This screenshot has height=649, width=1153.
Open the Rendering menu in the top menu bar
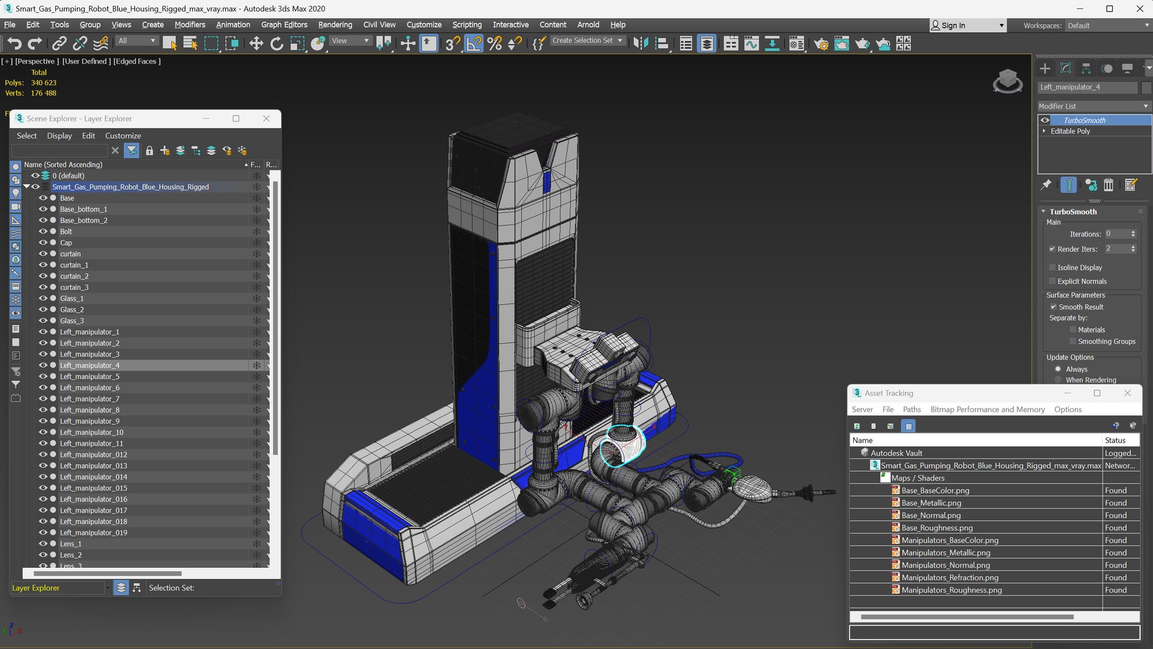pos(335,25)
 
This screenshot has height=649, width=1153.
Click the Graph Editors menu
pos(284,25)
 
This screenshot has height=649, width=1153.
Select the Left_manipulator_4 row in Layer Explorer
pos(90,365)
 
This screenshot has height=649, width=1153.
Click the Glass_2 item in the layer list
pos(71,309)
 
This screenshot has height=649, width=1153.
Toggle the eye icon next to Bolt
pos(43,231)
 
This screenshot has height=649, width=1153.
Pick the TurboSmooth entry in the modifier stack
pos(1084,120)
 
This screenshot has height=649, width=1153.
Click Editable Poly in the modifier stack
pos(1069,131)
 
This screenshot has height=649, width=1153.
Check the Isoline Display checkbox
pos(1052,267)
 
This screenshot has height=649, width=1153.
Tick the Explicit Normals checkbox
pos(1052,281)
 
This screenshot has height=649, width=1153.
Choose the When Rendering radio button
pos(1058,380)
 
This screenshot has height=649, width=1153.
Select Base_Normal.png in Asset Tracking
pos(931,515)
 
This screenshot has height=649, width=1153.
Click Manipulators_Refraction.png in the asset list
pos(949,577)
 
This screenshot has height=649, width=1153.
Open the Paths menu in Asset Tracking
pos(911,409)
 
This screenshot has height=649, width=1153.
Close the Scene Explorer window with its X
pos(266,118)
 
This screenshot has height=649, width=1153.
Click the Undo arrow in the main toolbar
pos(14,43)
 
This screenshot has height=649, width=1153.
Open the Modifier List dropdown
pos(1093,106)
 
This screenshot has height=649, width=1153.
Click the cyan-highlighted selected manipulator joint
pos(623,446)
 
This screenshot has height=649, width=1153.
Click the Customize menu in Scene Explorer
pos(123,136)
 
